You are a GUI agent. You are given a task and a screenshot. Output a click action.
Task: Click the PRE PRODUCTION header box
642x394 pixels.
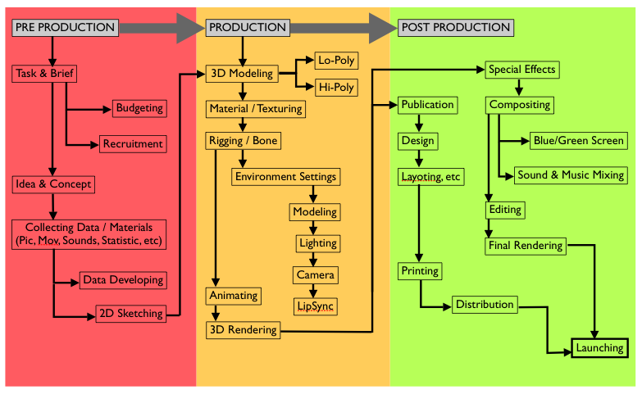click(x=66, y=27)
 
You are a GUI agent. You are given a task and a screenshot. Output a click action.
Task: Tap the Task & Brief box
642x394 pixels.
click(x=45, y=74)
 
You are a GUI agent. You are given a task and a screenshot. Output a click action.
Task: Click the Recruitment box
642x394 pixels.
click(x=133, y=143)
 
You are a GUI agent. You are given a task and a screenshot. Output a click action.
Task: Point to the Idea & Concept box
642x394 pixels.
click(x=53, y=183)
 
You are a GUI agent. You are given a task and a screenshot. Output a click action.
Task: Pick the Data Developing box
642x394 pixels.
click(x=123, y=279)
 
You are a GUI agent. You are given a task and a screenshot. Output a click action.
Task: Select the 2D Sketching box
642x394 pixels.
click(x=130, y=313)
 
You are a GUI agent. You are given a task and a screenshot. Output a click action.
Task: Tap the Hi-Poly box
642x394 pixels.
click(x=337, y=86)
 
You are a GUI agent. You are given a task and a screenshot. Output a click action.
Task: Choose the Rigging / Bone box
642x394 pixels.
click(x=243, y=141)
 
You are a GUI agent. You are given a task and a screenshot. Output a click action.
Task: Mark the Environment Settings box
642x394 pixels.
click(x=285, y=176)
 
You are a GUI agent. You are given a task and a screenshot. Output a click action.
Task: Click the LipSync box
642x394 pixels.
click(x=316, y=305)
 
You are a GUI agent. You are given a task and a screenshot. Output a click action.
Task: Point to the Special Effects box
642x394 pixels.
click(x=521, y=69)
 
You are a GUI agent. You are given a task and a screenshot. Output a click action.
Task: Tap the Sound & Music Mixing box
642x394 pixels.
click(x=570, y=174)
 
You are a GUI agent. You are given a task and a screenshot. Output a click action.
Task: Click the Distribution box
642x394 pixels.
click(x=485, y=305)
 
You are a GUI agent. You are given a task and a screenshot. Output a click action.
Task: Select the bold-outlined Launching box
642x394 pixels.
click(x=599, y=348)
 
